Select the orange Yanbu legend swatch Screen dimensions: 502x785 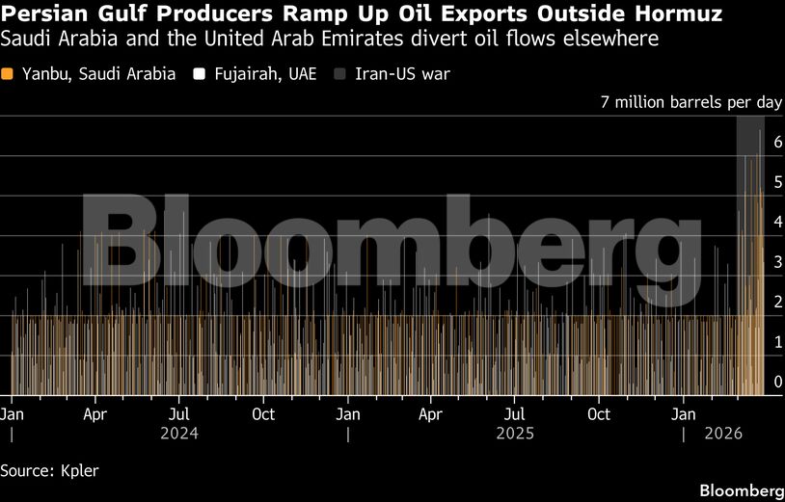8,73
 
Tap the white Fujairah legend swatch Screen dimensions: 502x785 200,73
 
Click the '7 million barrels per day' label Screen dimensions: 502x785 690,102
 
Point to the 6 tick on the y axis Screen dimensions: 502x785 777,141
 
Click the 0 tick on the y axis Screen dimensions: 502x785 777,383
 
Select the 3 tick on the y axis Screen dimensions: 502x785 777,262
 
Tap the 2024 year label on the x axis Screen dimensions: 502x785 179,434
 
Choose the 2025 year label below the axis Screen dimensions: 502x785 515,434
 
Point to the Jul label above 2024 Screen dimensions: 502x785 179,414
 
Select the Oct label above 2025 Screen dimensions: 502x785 599,414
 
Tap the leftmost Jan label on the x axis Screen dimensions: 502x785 12,414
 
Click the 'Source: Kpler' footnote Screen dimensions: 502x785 50,470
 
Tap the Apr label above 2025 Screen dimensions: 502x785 431,414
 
